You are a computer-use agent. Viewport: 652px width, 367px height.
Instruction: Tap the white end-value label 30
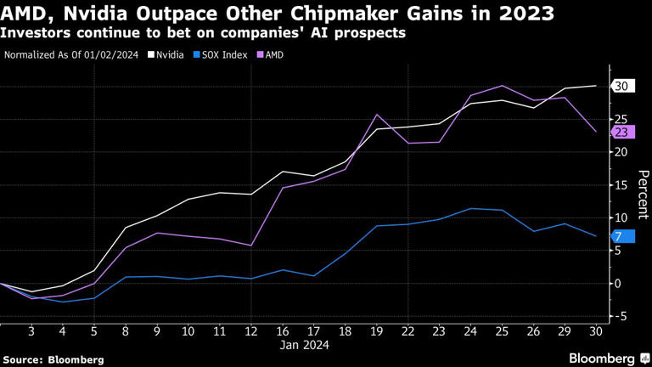(621, 87)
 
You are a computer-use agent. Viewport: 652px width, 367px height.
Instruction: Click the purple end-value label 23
(621, 132)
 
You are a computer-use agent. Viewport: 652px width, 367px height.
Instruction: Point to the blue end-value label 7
(619, 236)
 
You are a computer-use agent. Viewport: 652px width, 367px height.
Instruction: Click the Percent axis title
(644, 196)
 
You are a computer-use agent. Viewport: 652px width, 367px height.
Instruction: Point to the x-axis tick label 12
(250, 330)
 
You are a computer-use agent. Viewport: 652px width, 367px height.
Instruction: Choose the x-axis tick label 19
(377, 330)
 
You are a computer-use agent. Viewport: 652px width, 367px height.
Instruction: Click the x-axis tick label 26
(533, 330)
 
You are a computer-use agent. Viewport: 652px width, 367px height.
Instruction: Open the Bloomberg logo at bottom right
(604, 358)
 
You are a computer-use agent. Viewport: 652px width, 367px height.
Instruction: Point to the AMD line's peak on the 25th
(502, 85)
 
